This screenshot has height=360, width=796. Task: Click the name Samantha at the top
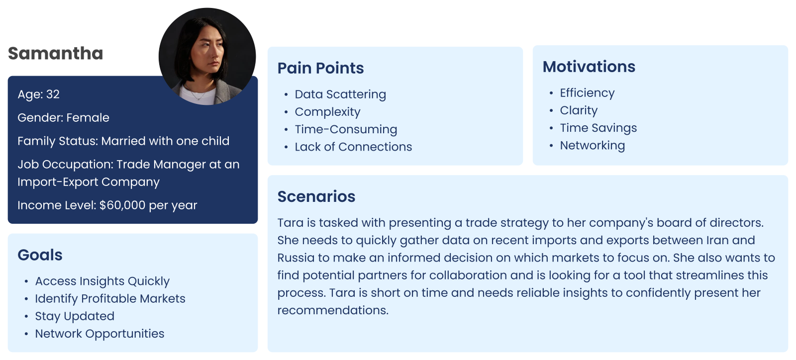[55, 53]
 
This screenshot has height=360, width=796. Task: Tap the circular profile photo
[207, 57]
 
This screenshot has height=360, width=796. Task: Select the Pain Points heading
[320, 68]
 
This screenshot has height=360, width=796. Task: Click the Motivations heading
[589, 67]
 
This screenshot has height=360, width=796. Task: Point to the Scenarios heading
[316, 197]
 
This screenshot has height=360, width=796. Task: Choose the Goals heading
[40, 255]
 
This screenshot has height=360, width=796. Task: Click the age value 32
[53, 94]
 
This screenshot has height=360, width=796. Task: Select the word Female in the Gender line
[88, 117]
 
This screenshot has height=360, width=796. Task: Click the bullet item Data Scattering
[340, 94]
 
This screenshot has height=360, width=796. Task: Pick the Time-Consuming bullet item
[346, 129]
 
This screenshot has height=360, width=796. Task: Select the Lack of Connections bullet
[354, 147]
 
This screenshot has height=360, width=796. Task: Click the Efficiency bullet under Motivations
[588, 93]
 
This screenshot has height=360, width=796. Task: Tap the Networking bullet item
[593, 146]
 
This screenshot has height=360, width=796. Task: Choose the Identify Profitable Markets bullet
[110, 298]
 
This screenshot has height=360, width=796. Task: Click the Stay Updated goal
[75, 316]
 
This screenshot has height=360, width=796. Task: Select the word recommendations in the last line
[333, 310]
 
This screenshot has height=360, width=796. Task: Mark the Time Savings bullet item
[598, 128]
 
